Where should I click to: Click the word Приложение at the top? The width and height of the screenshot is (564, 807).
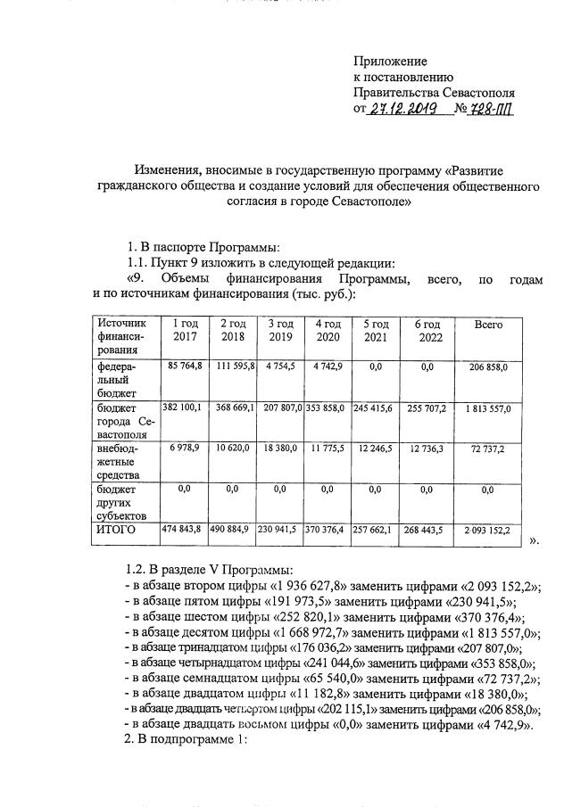(x=391, y=62)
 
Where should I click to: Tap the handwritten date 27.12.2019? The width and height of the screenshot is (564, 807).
(x=401, y=109)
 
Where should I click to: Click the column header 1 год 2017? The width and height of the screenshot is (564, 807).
(x=185, y=331)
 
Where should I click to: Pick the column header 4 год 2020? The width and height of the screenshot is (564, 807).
(x=327, y=331)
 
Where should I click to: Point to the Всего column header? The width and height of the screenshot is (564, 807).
(x=488, y=325)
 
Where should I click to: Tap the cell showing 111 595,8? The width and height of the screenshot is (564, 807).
(x=233, y=366)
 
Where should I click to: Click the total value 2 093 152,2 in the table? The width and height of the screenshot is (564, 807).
(x=487, y=531)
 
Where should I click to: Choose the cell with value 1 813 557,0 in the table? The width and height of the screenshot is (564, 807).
(x=487, y=408)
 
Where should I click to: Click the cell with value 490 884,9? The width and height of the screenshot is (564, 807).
(x=233, y=531)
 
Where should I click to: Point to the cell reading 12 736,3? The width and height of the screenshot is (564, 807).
(x=426, y=449)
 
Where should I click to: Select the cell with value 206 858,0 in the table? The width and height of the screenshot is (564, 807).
(x=487, y=366)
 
